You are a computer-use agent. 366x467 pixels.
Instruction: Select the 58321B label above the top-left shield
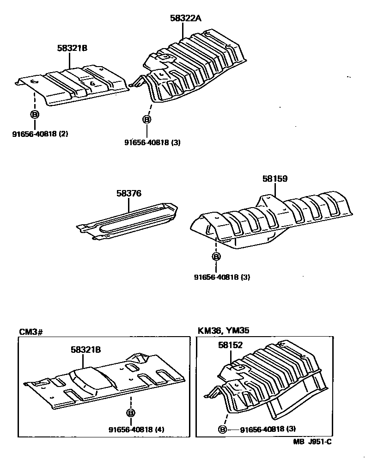click(73, 48)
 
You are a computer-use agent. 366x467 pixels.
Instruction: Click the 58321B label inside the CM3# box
click(85, 350)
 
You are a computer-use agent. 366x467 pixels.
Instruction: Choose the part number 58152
click(230, 345)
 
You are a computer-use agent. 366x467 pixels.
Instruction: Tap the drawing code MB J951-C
click(312, 442)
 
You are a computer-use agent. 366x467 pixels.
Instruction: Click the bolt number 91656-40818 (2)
click(40, 135)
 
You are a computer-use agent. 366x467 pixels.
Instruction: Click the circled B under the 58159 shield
click(216, 257)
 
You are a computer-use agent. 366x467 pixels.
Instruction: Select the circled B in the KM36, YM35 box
click(223, 430)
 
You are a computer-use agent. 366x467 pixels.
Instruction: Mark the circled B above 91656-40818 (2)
click(34, 114)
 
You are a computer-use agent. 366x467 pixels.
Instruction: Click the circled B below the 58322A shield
click(146, 119)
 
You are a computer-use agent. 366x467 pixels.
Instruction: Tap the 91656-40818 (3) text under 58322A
click(152, 142)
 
